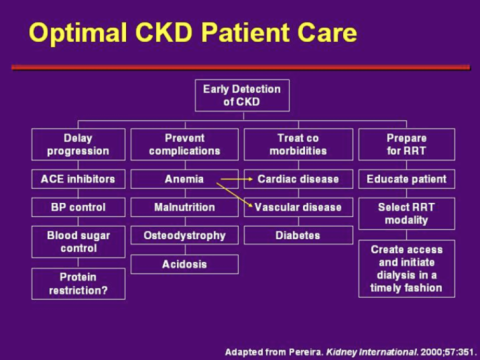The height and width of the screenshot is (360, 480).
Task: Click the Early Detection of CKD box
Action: point(241,95)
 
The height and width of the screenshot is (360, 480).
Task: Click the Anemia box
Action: point(184,180)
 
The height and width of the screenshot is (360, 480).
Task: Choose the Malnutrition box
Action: point(184,208)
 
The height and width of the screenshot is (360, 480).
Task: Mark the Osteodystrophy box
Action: point(184,236)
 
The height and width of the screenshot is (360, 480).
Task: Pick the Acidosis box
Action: point(184,264)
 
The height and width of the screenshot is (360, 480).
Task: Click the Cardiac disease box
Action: point(297,180)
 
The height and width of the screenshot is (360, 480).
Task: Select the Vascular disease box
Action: point(297,208)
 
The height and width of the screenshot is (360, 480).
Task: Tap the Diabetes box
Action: point(297,236)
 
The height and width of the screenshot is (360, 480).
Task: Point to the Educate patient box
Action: point(407,180)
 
